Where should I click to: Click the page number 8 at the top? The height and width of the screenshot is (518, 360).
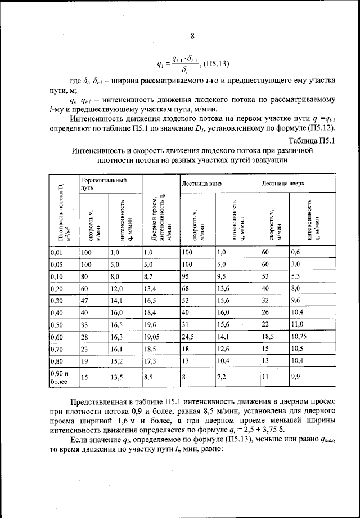(192, 37)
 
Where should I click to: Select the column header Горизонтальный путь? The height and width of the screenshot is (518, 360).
(103, 184)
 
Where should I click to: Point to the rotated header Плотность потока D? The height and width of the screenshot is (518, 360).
(56, 211)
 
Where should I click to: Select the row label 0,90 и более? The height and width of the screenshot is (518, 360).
(57, 378)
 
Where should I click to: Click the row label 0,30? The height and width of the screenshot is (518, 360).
(55, 301)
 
